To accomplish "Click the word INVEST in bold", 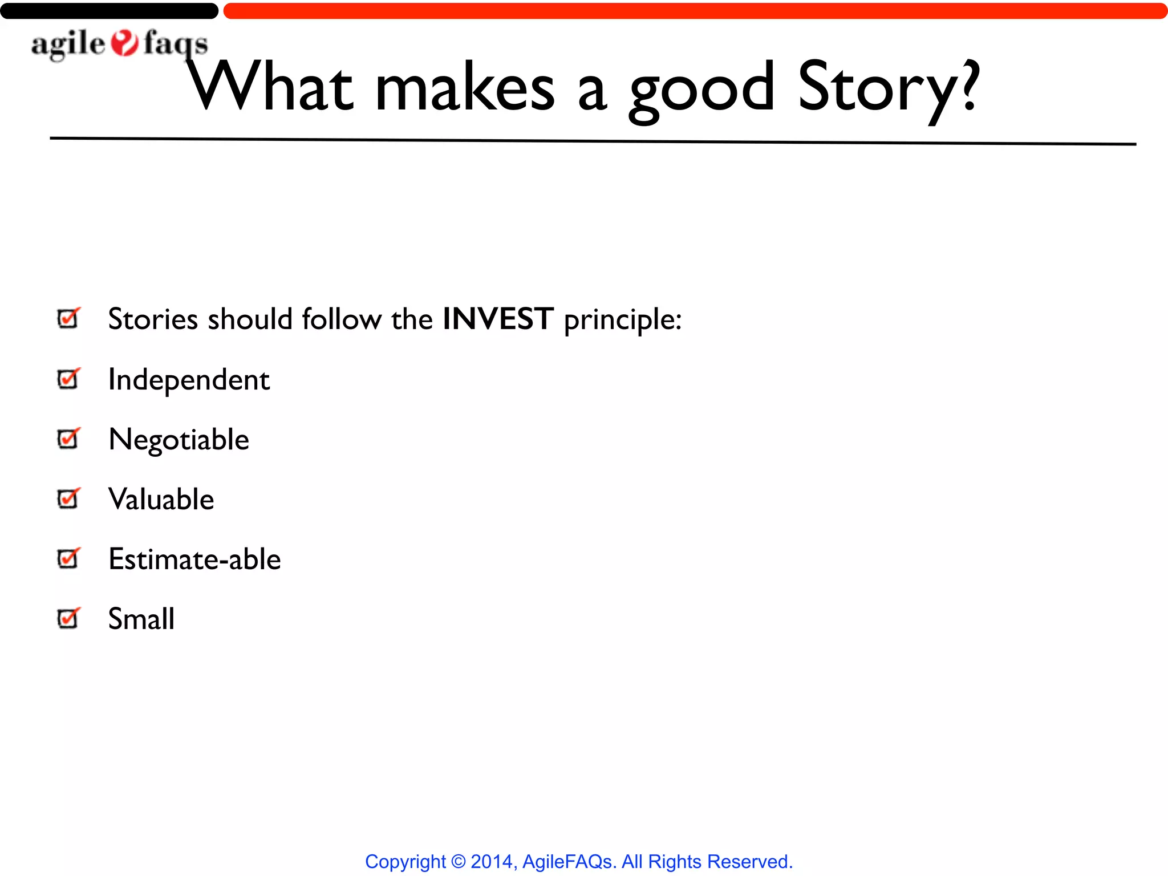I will tap(498, 318).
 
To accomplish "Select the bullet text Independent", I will tap(189, 380).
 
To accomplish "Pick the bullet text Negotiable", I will tap(179, 440).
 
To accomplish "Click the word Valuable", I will tap(161, 500).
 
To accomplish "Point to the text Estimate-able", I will tap(194, 559).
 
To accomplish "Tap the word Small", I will tap(141, 619).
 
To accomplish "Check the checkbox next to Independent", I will tap(68, 379).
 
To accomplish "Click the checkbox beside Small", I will tap(68, 618).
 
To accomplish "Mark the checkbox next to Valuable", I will tap(68, 498).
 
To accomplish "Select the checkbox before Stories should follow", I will tap(68, 318).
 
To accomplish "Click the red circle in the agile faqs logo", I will tap(124, 43).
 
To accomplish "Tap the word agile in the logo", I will tap(68, 44).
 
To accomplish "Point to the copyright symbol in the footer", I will tap(458, 861).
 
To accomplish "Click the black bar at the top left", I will tap(108, 11).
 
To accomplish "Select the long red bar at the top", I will tap(695, 11).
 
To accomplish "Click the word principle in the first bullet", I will tap(622, 319).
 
